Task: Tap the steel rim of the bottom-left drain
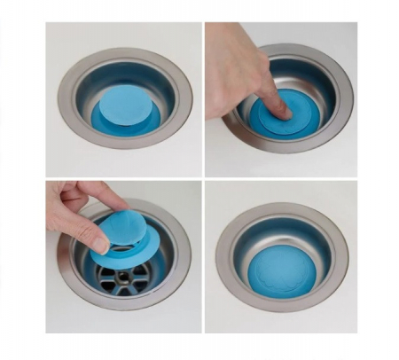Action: click(173, 284)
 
